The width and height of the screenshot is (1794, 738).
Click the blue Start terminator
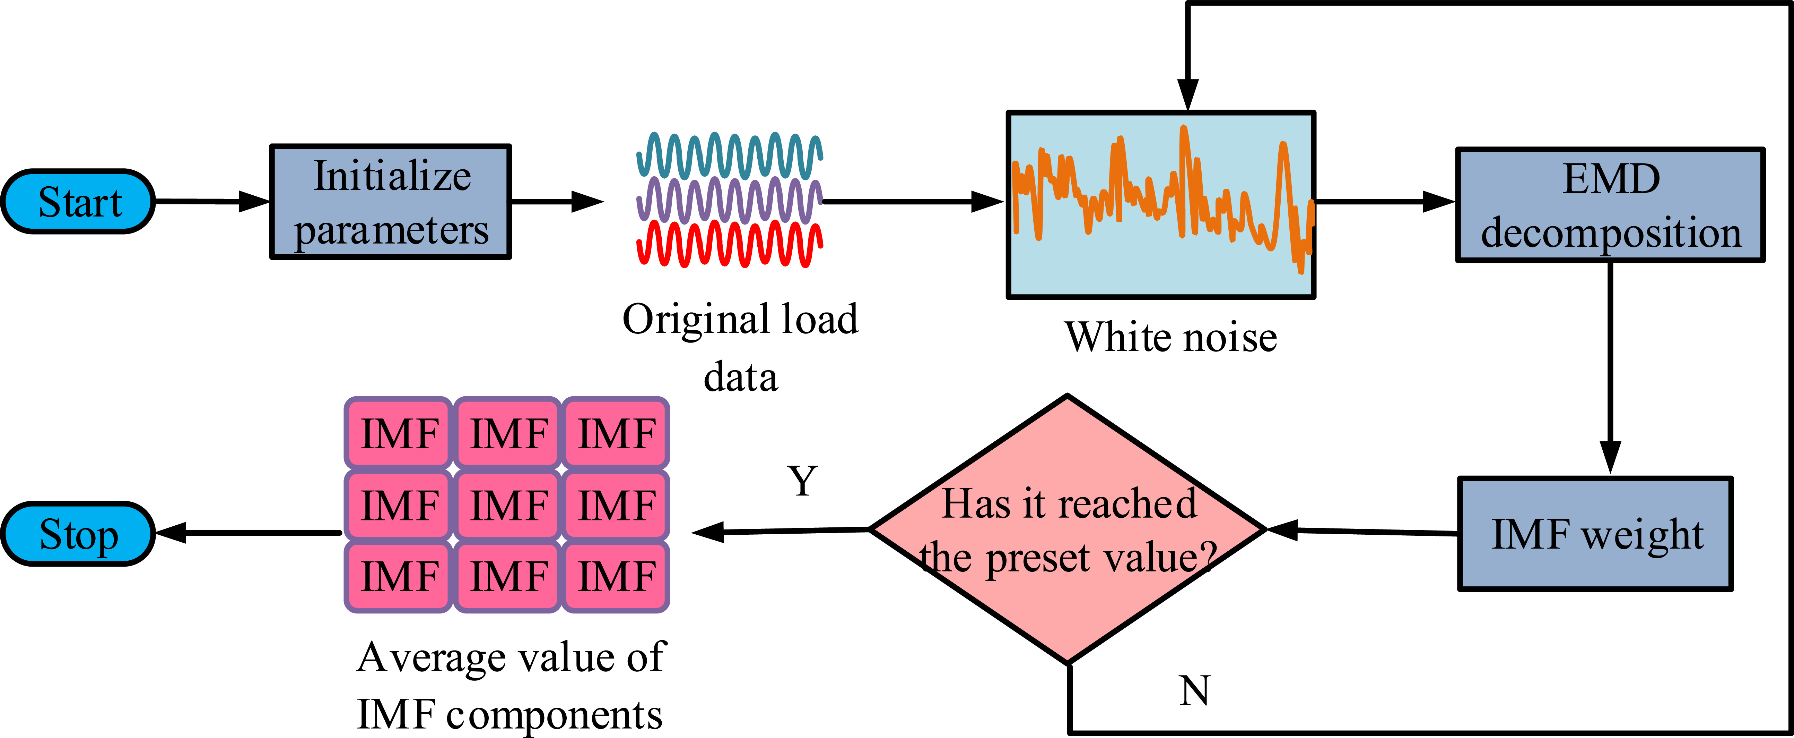[78, 201]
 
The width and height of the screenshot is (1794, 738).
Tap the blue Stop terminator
[78, 534]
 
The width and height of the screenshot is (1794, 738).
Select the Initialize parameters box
[391, 202]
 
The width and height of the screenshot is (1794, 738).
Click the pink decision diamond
[1068, 529]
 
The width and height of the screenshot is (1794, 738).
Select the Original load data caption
[740, 347]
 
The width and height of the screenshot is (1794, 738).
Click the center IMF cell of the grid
[508, 505]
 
